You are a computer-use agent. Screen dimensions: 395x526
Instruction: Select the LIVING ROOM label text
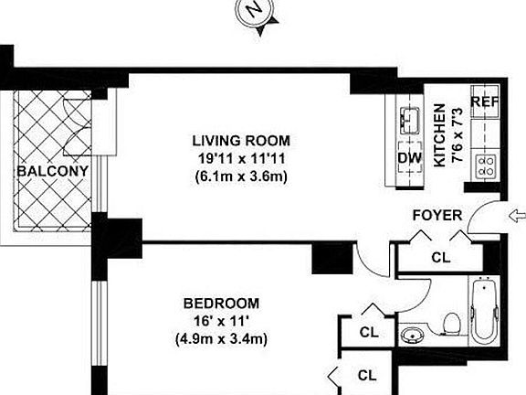click(240, 141)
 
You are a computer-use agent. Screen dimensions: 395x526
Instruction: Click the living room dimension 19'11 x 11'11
click(240, 158)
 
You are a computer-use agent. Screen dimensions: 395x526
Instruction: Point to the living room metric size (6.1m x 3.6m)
click(240, 176)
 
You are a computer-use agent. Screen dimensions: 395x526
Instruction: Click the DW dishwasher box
click(410, 157)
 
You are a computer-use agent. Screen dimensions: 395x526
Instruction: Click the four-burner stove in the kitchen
click(487, 165)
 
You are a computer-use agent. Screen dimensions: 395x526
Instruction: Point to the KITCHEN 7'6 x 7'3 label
click(446, 133)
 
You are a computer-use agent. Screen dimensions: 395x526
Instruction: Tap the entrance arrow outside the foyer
click(516, 216)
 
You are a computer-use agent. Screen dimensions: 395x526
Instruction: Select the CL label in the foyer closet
click(440, 258)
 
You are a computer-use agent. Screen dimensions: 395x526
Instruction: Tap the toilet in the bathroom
click(450, 322)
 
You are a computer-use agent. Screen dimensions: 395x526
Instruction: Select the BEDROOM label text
click(220, 304)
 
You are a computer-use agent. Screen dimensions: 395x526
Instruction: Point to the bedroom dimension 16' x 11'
click(220, 321)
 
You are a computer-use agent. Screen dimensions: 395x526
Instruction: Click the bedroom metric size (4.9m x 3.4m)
click(220, 338)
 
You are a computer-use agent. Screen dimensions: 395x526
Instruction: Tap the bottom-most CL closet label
click(367, 374)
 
